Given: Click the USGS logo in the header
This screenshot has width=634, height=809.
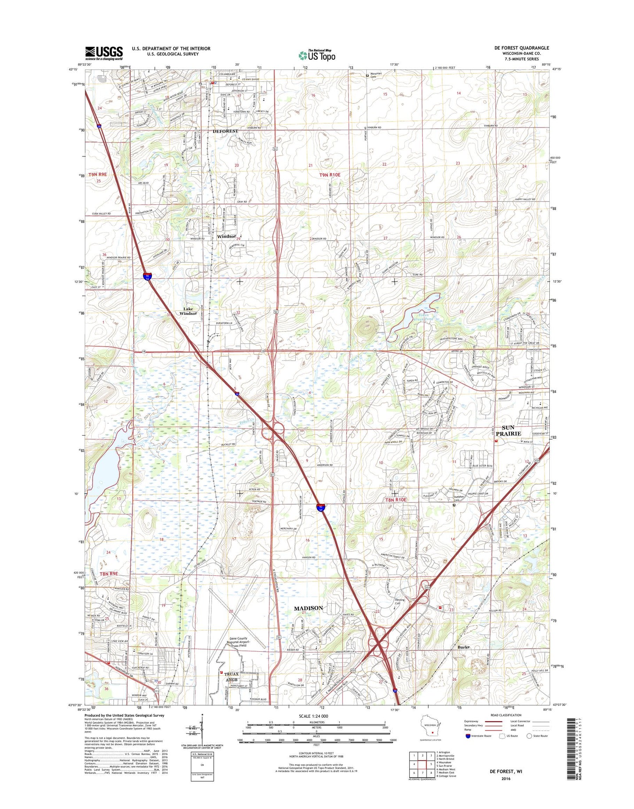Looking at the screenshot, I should pyautogui.click(x=104, y=53).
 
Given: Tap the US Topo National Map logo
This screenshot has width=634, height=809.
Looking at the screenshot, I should pyautogui.click(x=317, y=55).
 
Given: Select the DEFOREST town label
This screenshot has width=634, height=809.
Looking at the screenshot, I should pyautogui.click(x=225, y=131).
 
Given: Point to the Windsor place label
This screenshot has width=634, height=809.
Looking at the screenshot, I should pyautogui.click(x=226, y=236).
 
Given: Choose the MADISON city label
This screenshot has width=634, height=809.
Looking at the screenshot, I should pyautogui.click(x=308, y=608).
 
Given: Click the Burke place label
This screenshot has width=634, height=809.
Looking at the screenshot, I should pyautogui.click(x=464, y=647).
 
